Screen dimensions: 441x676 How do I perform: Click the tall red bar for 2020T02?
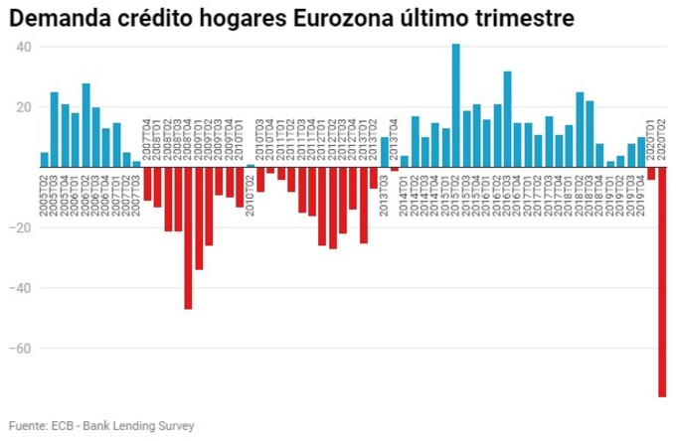click(x=662, y=282)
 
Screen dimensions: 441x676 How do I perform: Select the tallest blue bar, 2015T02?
click(x=455, y=105)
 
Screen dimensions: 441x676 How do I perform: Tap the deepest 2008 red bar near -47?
click(x=188, y=238)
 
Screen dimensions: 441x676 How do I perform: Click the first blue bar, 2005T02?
click(x=44, y=160)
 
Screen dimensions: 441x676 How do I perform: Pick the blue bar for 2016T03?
click(x=507, y=119)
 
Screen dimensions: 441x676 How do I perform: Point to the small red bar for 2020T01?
click(x=651, y=174)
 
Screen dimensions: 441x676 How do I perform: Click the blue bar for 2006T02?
click(x=85, y=125)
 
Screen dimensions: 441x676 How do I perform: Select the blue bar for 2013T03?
click(x=384, y=152)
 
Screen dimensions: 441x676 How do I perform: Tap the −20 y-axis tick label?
click(x=22, y=228)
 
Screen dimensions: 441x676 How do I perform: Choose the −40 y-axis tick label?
click(x=22, y=289)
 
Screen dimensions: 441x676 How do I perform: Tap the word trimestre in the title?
click(x=523, y=19)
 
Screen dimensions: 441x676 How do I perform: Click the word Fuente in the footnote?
click(x=27, y=425)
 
